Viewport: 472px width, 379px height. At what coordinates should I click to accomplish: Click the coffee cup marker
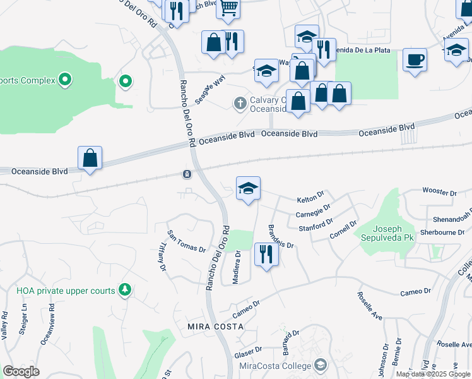[x=415, y=60]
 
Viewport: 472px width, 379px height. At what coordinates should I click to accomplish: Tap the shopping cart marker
[x=228, y=8]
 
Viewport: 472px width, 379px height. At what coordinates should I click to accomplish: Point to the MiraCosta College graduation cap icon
[x=321, y=366]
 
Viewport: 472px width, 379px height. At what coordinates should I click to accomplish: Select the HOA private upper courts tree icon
[x=126, y=290]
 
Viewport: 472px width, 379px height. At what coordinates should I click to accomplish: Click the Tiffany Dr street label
[x=162, y=258]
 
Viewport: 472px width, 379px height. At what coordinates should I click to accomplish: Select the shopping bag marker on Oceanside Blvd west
[x=90, y=158]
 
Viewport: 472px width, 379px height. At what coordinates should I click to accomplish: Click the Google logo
[x=21, y=371]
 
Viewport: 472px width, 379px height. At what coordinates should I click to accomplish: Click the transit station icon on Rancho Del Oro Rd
[x=187, y=174]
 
